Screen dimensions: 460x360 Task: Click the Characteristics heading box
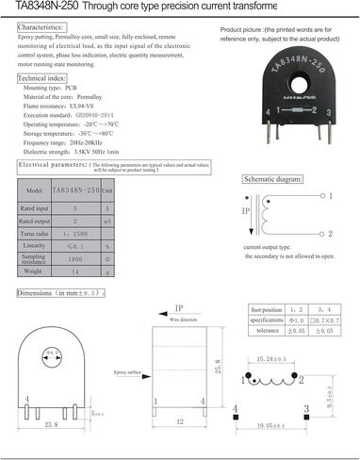(41, 28)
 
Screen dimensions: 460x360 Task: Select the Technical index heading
(40, 78)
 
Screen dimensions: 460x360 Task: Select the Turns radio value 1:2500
(74, 232)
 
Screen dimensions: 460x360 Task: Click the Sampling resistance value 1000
(74, 257)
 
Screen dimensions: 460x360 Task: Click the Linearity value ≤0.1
(74, 244)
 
